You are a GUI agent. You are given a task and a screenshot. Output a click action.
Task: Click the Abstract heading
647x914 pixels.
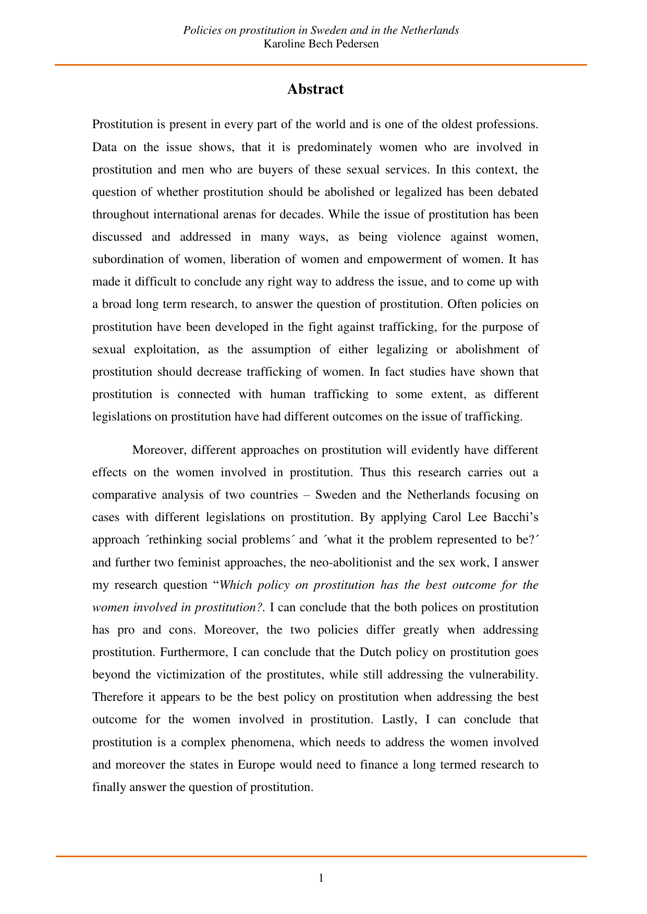(x=315, y=89)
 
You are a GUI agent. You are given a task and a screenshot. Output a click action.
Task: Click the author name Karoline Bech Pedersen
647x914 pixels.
(x=321, y=44)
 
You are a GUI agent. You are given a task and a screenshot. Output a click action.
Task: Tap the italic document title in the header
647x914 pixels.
(x=321, y=30)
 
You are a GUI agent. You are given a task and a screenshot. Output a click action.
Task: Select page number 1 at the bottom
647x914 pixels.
(x=321, y=878)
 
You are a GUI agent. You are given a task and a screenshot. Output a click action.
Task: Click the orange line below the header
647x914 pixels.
(x=321, y=65)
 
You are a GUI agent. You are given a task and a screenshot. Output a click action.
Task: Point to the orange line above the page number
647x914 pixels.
(x=321, y=856)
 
